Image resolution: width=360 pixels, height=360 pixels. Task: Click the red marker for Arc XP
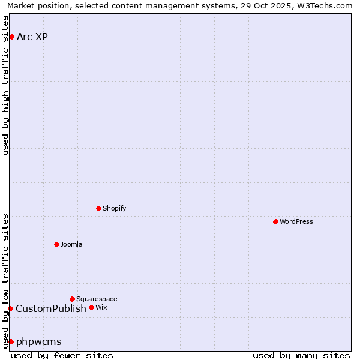point(11,37)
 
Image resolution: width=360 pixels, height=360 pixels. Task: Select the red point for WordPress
point(275,222)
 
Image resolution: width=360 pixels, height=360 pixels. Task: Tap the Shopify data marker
point(99,209)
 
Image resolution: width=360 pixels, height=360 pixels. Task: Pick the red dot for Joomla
point(56,245)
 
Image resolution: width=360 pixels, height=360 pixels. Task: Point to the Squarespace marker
point(72,299)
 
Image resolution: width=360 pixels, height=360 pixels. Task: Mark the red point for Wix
point(91,308)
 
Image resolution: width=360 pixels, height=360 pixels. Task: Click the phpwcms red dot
point(11,342)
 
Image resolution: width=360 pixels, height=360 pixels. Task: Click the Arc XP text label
point(32,37)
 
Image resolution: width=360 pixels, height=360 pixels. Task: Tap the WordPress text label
point(296,222)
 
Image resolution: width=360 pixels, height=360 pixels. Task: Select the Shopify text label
point(114,209)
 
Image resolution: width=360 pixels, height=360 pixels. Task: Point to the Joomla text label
point(71,245)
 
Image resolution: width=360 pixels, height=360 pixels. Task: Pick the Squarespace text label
point(97,299)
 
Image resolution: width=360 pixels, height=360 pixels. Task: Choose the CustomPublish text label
point(51,309)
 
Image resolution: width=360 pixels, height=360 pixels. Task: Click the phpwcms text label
point(39,342)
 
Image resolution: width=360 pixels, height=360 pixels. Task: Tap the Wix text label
point(101,308)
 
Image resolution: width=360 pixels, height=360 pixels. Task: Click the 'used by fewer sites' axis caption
point(62,355)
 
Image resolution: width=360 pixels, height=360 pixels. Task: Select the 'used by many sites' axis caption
point(301,355)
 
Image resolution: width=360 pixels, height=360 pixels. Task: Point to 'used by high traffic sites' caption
point(6,86)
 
